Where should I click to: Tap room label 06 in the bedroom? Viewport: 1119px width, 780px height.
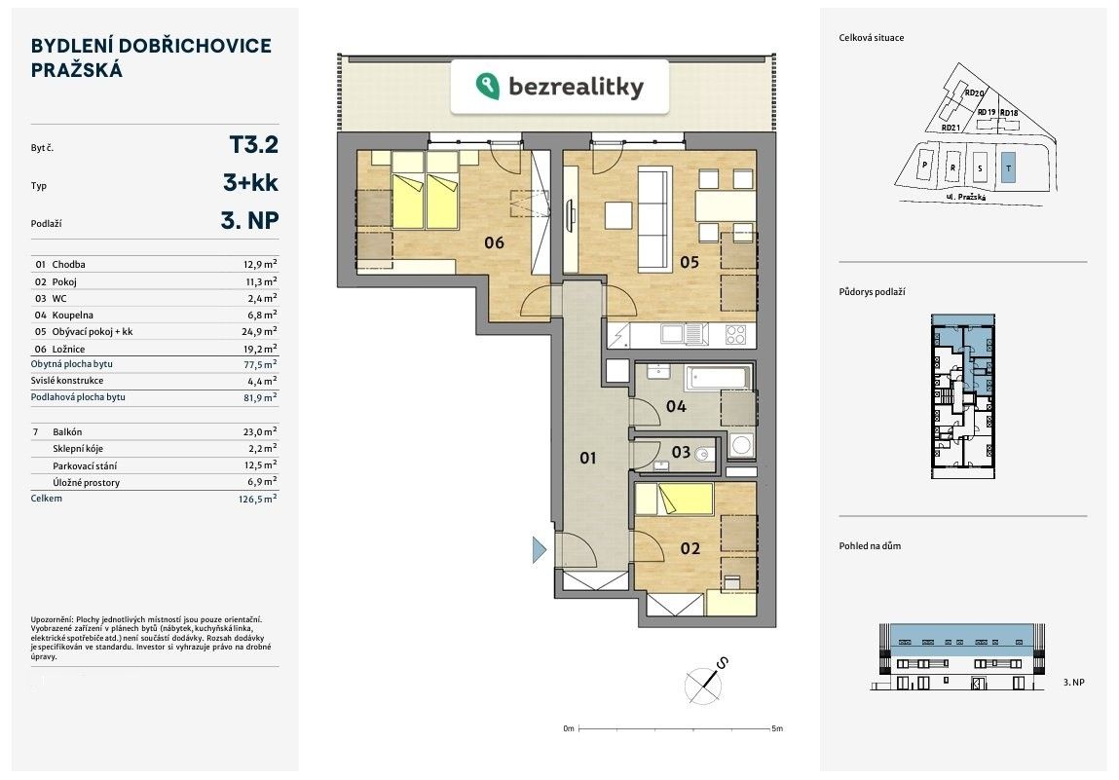494,241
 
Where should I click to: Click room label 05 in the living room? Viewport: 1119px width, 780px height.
690,261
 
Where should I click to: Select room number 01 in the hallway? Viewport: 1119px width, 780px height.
587,457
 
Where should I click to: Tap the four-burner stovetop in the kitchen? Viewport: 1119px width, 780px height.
737,334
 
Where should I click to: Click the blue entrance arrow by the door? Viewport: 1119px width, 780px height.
539,550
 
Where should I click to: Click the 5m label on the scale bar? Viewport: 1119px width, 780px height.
777,728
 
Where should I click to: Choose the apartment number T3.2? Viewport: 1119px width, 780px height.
253,145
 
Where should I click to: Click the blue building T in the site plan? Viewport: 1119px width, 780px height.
1008,165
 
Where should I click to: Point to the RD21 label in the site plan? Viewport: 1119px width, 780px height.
951,128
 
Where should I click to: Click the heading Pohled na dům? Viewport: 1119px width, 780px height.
870,546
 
